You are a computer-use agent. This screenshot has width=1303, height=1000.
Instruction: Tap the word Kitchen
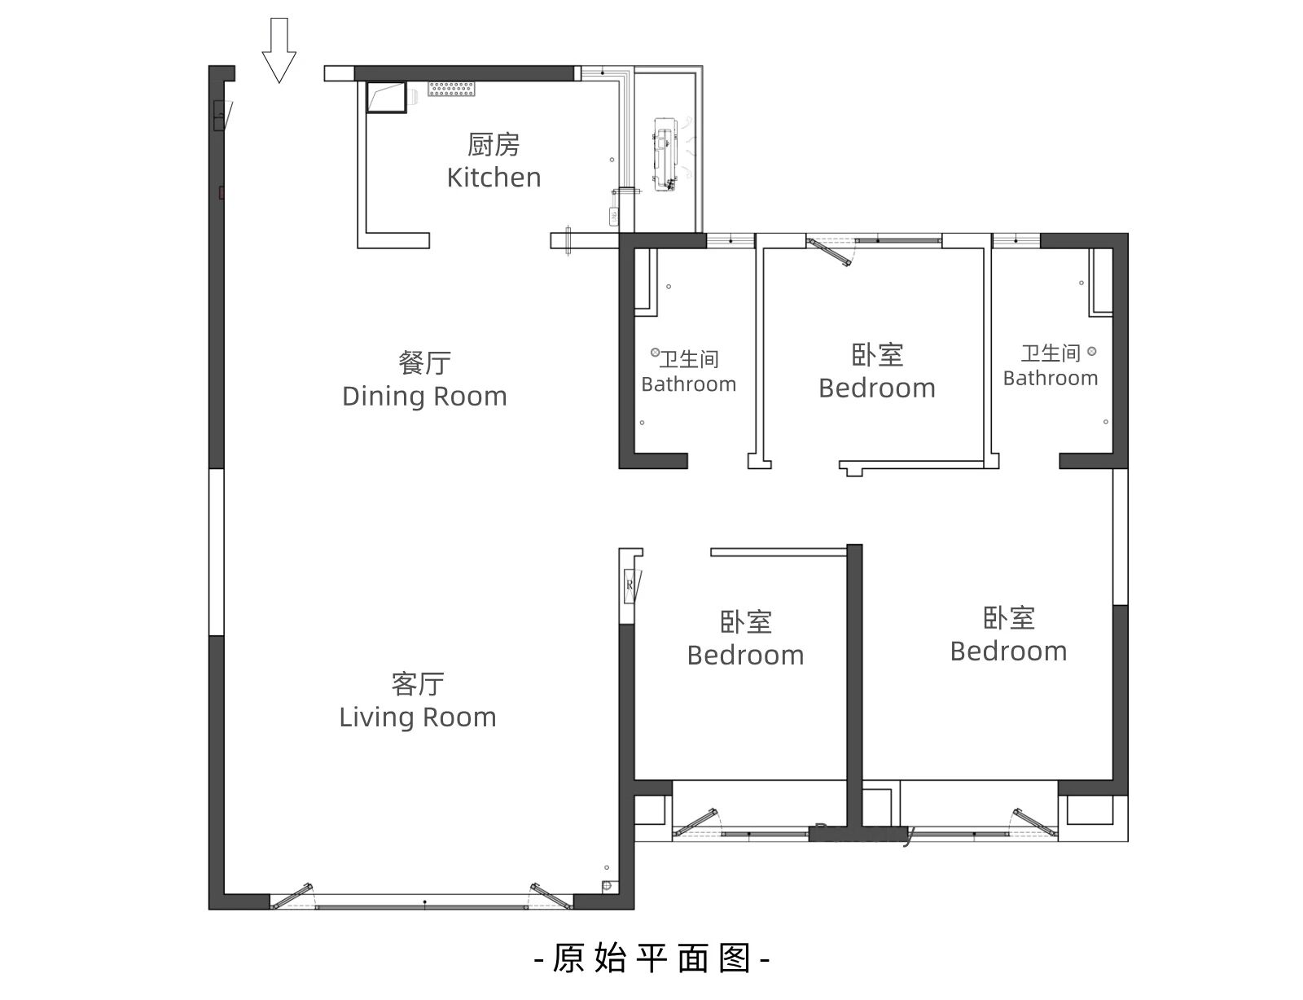click(x=494, y=178)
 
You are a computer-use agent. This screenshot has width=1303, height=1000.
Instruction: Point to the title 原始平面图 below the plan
click(x=651, y=958)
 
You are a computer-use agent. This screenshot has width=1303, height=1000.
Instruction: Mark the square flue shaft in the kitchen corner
click(x=386, y=97)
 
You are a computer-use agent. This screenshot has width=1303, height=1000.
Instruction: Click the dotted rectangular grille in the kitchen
click(x=451, y=89)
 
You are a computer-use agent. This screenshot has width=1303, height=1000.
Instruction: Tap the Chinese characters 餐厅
click(x=424, y=363)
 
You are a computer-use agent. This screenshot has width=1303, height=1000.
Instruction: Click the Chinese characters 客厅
click(x=418, y=684)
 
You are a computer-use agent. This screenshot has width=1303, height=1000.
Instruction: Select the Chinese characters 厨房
click(x=494, y=144)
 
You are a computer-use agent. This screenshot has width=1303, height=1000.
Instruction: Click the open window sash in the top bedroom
click(x=829, y=252)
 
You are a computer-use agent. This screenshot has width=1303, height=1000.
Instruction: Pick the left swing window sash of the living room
click(x=292, y=896)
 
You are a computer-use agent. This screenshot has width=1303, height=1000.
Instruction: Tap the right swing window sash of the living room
click(x=551, y=896)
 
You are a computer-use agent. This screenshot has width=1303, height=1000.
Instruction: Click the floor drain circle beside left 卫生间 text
click(x=656, y=352)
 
